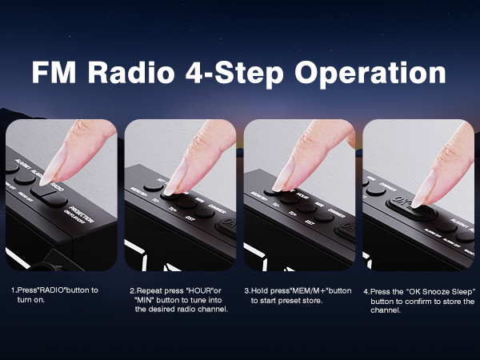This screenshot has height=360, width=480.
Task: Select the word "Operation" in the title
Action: (x=371, y=72)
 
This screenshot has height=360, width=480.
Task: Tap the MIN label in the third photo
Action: (x=318, y=204)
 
